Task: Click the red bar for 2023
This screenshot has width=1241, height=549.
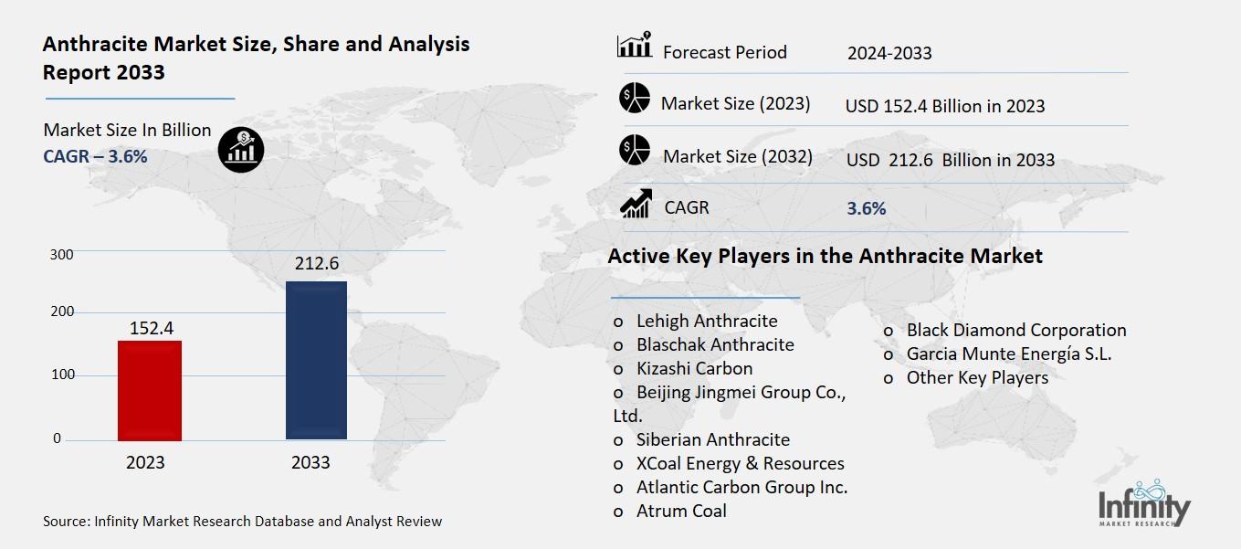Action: pos(150,390)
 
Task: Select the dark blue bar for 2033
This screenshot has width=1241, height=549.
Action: pos(316,360)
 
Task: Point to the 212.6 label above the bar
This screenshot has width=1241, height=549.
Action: pos(316,264)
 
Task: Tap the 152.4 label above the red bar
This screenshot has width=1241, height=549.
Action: pos(151,326)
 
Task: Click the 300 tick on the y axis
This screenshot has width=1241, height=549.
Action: pos(62,254)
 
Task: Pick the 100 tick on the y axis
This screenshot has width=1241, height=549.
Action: pos(62,375)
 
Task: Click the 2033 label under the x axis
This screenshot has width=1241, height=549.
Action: pos(310,462)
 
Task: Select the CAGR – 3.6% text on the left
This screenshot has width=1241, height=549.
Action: pos(95,156)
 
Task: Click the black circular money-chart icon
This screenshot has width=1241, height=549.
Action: pos(241,148)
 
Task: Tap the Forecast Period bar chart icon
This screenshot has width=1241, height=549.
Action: pos(634,46)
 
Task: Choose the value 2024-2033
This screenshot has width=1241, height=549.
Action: pos(889,53)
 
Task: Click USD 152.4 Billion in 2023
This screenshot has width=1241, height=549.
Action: pos(944,106)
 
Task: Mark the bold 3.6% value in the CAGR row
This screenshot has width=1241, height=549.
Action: pos(866,208)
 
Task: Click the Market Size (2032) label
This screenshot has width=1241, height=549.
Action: pos(737,156)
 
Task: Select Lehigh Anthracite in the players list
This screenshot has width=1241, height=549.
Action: pos(706,321)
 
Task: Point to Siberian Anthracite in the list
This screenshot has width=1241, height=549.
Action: pos(712,439)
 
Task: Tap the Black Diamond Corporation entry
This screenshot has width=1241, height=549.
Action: pos(1015,330)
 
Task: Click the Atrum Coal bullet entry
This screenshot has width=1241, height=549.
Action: pos(680,511)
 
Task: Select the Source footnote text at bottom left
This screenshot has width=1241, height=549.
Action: pos(242,522)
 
